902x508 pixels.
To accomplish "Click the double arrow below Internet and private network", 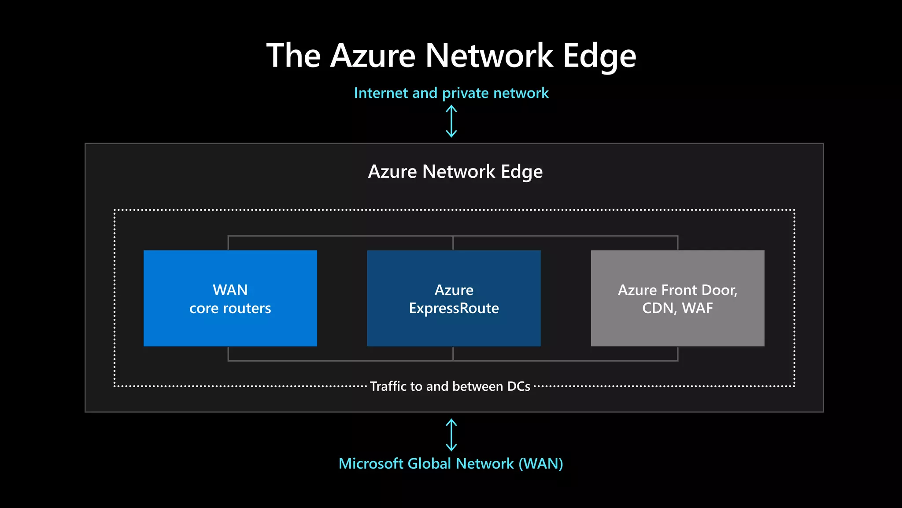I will pos(451,121).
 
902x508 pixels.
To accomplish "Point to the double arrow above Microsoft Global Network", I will pos(451,435).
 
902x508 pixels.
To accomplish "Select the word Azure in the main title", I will pos(373,56).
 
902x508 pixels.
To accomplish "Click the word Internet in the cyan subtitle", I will pos(381,93).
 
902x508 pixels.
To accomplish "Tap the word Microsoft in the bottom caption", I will pos(371,463).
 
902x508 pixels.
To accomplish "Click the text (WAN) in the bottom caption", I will pos(541,463).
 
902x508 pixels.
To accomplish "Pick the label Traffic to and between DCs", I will pos(450,386).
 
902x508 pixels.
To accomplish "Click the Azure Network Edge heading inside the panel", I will pos(455,172).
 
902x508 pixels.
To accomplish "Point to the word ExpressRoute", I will pos(454,308).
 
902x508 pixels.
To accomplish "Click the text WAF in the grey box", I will pos(697,308).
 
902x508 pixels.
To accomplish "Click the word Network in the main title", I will pos(489,56).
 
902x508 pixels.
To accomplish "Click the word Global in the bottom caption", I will pos(429,463).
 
